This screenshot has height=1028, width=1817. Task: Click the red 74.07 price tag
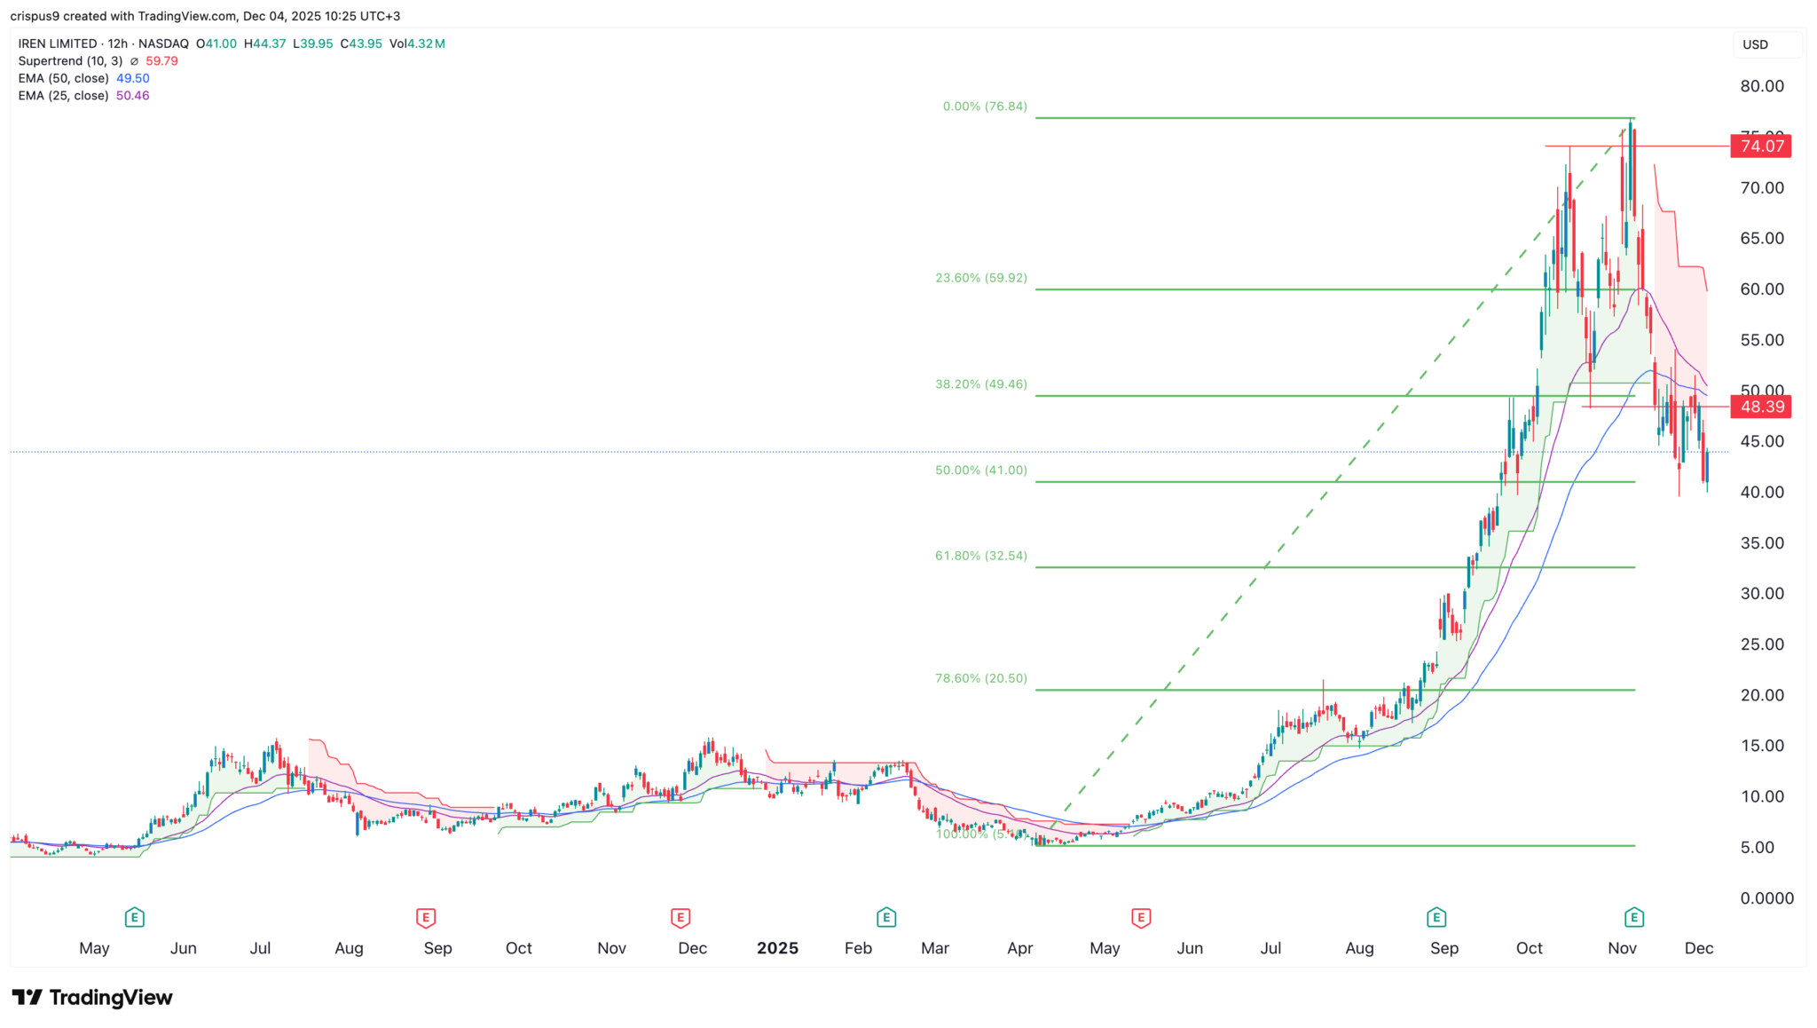(1761, 146)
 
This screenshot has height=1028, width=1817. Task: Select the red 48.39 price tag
(1761, 407)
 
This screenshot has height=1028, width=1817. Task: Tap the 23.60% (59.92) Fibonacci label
(980, 278)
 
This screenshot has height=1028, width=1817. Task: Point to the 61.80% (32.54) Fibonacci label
(980, 556)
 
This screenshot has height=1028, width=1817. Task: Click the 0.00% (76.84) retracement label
(984, 107)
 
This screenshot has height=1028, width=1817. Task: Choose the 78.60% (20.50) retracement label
(980, 678)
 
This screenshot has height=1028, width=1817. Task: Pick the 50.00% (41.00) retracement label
(980, 471)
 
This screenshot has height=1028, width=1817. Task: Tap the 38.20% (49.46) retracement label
(980, 384)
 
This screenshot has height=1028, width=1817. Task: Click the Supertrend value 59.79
(161, 61)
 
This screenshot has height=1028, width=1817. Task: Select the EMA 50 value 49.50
(133, 78)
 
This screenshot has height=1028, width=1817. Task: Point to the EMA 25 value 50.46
(133, 96)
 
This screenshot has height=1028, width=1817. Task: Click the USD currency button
(1756, 44)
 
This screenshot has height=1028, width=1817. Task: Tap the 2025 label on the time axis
(777, 948)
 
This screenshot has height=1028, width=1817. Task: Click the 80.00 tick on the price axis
(1762, 86)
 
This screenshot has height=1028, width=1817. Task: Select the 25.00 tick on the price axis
(1762, 644)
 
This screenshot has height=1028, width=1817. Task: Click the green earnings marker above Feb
(885, 917)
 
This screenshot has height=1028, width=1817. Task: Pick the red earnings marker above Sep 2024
(425, 917)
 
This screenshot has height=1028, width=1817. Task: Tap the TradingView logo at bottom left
(92, 998)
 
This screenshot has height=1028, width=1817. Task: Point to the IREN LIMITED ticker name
(58, 43)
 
